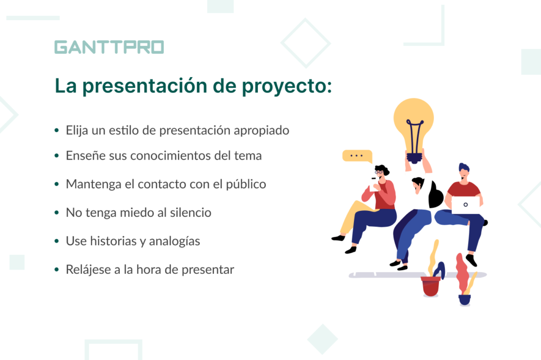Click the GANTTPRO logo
coord(109,47)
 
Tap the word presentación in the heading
coord(145,86)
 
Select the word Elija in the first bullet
coord(77,131)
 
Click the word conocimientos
coord(171,155)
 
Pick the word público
coord(246,184)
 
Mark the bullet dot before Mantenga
coord(57,184)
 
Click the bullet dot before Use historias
coord(57,241)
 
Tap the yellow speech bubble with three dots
coord(357,156)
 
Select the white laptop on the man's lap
coord(465,205)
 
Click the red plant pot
coord(431,286)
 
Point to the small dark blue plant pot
coord(464,300)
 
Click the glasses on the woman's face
coord(379,172)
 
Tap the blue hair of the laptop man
coord(464,168)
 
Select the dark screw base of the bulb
coord(414,158)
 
